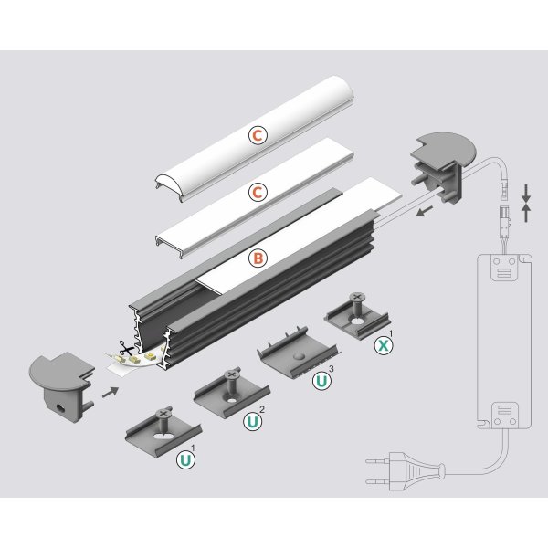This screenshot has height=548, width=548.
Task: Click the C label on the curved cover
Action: tap(258, 135)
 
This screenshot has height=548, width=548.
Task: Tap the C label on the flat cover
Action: tap(258, 193)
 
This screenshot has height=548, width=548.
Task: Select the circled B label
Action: tap(258, 258)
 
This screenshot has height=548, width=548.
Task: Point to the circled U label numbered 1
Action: tap(185, 461)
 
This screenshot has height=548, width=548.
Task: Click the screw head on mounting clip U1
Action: tap(164, 414)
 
